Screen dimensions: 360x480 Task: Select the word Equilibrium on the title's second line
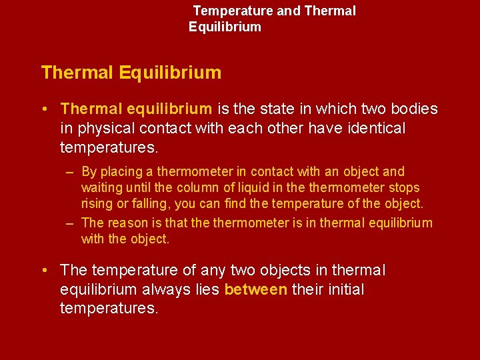pyautogui.click(x=225, y=27)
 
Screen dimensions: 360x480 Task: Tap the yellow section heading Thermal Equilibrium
pyautogui.click(x=131, y=73)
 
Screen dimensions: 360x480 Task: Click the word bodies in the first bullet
pyautogui.click(x=414, y=109)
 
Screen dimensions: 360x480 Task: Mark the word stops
pyautogui.click(x=405, y=188)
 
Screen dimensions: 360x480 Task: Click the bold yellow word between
pyautogui.click(x=256, y=289)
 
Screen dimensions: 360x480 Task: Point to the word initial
pyautogui.click(x=341, y=289)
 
